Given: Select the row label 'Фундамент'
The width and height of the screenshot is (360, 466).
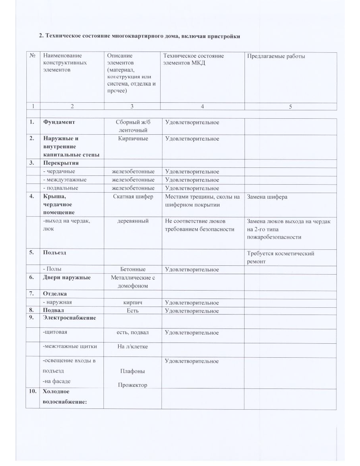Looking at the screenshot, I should [x=59, y=122].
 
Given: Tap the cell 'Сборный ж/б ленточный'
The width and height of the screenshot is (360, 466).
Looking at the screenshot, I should [x=133, y=126].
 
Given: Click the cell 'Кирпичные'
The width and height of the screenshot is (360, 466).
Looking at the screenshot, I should [x=133, y=139].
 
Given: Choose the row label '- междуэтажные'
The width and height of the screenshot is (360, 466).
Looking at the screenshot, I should [x=65, y=180].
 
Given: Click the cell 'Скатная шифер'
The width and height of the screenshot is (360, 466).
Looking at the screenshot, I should [x=133, y=197].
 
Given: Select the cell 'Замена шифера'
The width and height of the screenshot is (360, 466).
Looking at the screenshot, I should [x=267, y=197].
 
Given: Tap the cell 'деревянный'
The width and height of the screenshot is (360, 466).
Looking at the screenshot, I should [x=133, y=221].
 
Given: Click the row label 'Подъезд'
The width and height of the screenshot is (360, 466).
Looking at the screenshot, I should [x=54, y=253].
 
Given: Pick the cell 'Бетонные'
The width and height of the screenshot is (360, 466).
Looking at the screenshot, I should [x=133, y=270].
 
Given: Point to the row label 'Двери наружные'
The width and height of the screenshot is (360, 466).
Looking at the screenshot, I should [x=67, y=278].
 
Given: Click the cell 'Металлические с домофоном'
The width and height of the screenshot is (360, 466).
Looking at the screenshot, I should [x=133, y=282].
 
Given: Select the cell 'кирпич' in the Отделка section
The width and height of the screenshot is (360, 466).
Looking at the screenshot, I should [x=133, y=303].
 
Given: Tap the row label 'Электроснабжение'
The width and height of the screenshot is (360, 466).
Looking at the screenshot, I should [x=69, y=318].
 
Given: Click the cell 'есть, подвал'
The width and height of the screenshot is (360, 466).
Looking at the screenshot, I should [x=133, y=333].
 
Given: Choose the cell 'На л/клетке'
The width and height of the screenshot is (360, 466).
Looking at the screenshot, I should [x=133, y=347].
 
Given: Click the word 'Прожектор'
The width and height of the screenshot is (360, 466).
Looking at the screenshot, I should [x=133, y=385].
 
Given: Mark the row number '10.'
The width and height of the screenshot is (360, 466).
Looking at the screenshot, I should [x=32, y=392].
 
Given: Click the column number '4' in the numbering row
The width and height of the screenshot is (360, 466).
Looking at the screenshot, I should [x=203, y=106].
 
